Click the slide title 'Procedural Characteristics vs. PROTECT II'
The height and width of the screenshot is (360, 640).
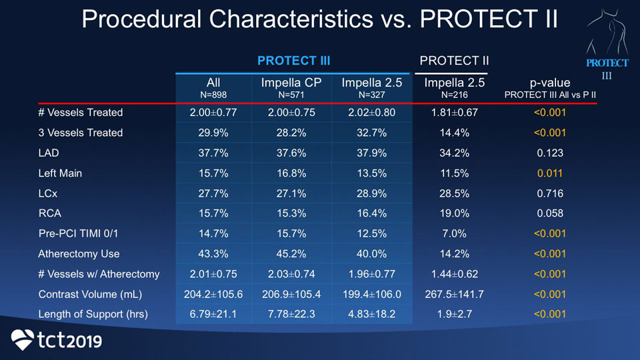319,19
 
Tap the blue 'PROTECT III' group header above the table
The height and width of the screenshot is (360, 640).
293,61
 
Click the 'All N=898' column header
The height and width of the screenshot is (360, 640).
213,88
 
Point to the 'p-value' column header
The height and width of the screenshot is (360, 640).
550,88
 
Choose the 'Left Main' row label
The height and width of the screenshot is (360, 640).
60,173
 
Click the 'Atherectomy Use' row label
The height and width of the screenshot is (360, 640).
79,254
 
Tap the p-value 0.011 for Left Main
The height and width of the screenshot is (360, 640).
550,173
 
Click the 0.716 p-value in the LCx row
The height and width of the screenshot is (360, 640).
550,193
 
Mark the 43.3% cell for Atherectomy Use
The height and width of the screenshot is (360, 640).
213,254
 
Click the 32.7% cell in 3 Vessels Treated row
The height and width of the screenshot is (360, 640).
371,133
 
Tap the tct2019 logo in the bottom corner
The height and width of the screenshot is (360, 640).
57,340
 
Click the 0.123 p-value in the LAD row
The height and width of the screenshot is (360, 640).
550,153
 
